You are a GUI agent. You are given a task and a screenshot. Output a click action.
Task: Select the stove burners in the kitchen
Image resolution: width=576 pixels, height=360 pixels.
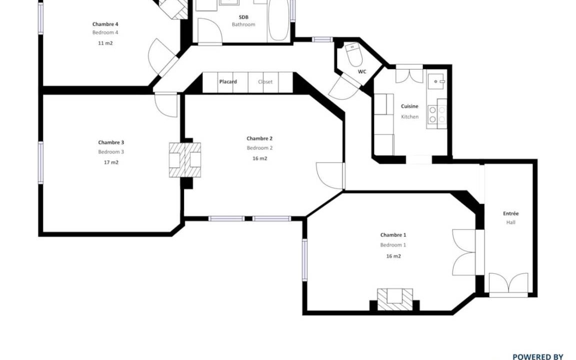[437, 114]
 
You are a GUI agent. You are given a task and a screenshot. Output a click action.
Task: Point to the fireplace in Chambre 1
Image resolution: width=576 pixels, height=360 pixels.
[395, 299]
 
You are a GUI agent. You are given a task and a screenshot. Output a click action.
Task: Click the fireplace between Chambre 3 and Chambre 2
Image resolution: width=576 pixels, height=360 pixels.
[185, 160]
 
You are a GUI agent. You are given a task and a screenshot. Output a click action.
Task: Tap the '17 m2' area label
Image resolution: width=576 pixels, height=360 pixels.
[111, 162]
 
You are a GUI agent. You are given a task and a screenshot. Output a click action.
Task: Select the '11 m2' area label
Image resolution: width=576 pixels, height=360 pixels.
[105, 43]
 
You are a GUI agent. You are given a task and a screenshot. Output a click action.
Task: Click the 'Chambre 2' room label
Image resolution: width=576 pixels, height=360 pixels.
[259, 138]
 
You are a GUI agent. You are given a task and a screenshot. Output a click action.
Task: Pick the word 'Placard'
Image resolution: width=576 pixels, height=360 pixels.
[228, 81]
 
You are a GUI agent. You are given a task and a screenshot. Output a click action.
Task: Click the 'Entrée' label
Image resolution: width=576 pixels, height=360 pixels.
[511, 213]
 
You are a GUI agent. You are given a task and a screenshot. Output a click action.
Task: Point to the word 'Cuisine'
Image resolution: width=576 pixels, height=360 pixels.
[409, 106]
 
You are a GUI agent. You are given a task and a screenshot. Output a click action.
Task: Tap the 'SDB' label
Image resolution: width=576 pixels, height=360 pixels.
[243, 17]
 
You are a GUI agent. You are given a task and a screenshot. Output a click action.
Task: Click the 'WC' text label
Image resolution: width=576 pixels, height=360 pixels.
[362, 71]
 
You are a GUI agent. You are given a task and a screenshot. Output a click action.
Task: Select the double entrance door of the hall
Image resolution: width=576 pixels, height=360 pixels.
[509, 284]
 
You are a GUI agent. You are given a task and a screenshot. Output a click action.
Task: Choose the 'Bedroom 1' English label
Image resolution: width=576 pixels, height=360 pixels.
[393, 245]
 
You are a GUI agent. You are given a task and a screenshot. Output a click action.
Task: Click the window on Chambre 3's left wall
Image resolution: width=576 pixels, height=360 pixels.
[40, 162]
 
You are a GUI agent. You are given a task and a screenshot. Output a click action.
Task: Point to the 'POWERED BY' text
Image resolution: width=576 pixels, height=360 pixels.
[538, 356]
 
